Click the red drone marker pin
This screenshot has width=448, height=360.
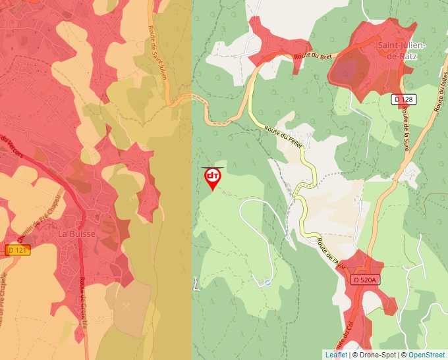tap(212, 178)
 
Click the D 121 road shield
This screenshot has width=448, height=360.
tap(19, 250)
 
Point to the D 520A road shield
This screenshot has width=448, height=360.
tap(364, 280)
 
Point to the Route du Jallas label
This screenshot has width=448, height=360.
tap(437, 86)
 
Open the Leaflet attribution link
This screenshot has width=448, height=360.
tap(336, 355)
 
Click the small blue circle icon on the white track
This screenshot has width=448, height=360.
tap(267, 283)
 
